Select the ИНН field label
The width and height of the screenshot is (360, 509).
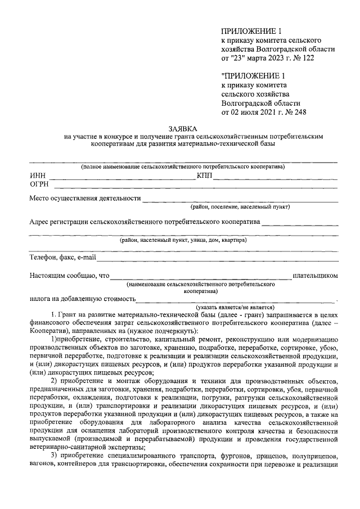(37, 176)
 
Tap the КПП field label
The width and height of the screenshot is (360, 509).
(204, 176)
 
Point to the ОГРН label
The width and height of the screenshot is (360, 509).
(39, 184)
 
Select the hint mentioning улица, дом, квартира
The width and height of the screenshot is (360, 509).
(182, 240)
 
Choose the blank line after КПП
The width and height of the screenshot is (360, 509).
(276, 179)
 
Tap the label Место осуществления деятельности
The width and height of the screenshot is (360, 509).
(85, 198)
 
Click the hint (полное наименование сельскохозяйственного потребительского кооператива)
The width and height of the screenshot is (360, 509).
(182, 167)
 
